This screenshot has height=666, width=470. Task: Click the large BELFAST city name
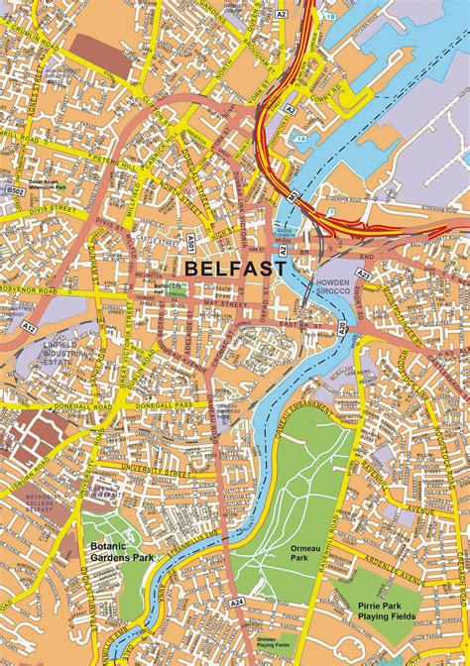click(235, 268)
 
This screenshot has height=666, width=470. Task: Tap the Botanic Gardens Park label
click(122, 552)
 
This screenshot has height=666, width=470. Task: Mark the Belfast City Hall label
click(166, 289)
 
